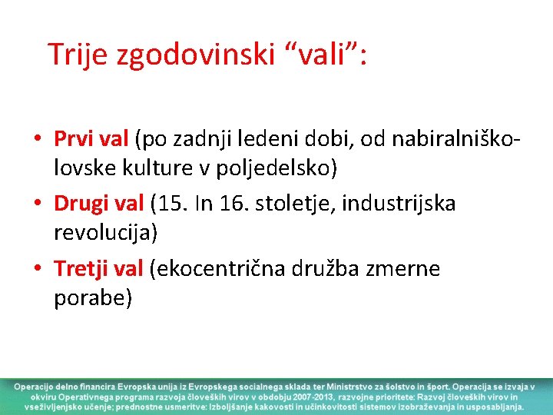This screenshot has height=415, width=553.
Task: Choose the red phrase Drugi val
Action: point(99,204)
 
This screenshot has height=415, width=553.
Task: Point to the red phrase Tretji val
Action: point(99,268)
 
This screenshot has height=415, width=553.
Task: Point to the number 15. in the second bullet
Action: point(171,204)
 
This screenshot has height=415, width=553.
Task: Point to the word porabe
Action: point(92,296)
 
